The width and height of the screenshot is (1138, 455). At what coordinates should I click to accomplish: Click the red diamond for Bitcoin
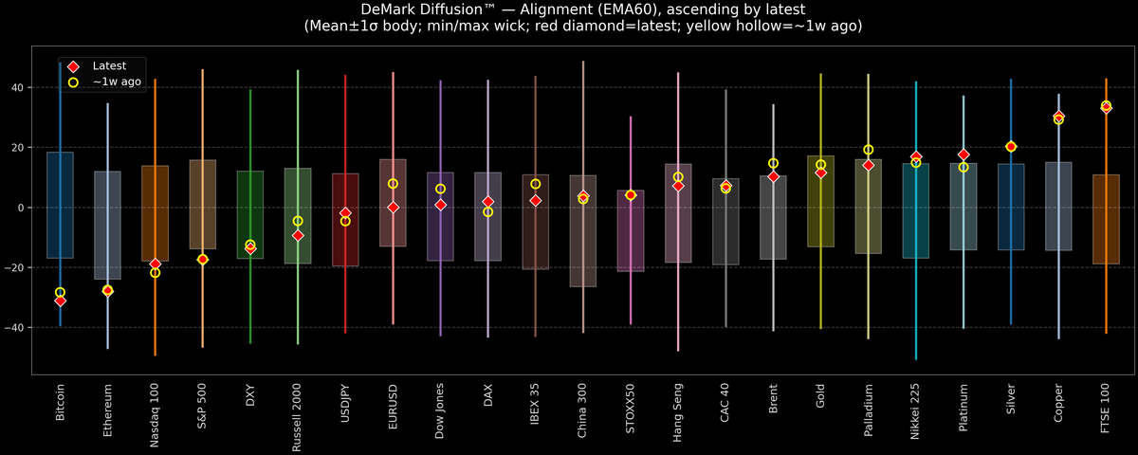coord(60,300)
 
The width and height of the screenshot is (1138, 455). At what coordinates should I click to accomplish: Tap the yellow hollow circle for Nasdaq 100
coord(156,273)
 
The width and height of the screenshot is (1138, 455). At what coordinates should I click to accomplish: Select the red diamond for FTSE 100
coord(1106,107)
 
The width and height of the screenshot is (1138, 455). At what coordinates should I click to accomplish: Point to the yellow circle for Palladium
coord(868,150)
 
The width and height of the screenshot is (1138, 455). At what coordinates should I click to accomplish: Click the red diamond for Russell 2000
coord(298,235)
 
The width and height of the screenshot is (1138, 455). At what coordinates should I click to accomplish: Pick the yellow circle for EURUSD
coord(393,184)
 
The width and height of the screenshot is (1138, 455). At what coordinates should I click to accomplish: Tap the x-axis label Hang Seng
coord(678,409)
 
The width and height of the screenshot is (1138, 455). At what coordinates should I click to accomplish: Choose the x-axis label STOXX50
coord(631,409)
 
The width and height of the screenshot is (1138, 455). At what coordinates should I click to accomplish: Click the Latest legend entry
coord(108,66)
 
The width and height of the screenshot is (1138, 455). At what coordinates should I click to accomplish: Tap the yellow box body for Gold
coord(820,201)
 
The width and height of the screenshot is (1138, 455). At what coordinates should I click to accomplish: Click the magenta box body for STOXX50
coord(631,231)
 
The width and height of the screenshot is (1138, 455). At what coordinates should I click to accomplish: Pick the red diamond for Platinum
coord(964,155)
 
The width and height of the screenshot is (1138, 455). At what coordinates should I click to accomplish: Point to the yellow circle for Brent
coord(773,164)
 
